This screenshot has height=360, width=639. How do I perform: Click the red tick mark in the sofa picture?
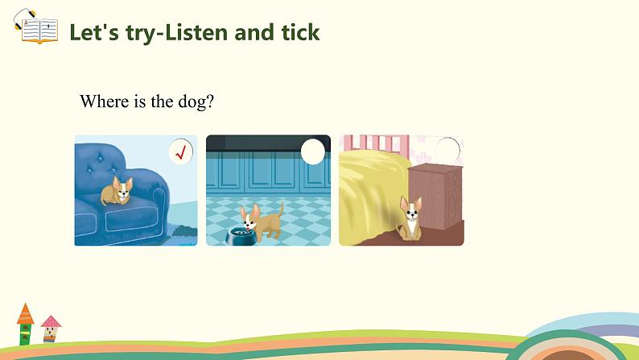click(181, 152)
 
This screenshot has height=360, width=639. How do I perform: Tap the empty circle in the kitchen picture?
click(313, 151)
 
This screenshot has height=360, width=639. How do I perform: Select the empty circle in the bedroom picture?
click(447, 150)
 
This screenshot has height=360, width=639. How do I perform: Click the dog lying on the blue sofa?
click(117, 190)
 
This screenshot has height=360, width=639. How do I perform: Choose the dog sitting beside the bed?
click(410, 218)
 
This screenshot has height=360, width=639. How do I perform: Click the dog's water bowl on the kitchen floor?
click(241, 236)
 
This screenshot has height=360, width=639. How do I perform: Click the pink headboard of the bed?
click(376, 146)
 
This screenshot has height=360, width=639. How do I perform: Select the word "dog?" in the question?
click(196, 101)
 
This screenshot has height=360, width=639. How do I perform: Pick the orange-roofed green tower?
click(25, 325)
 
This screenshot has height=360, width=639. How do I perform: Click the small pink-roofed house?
click(51, 329)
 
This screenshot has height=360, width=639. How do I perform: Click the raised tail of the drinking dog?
click(280, 209)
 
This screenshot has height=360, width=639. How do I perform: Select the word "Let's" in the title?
click(94, 32)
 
